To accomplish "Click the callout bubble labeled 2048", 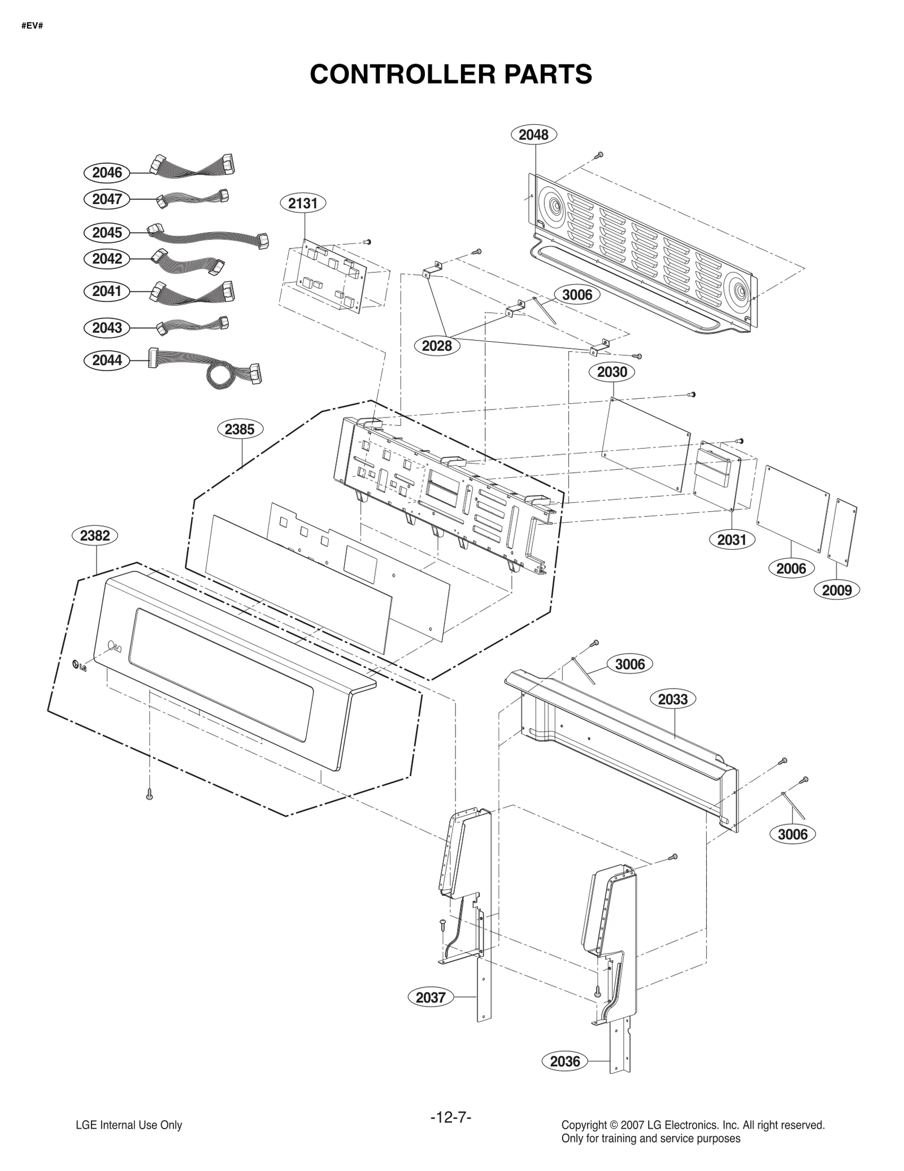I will [x=533, y=134].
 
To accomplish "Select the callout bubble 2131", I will [x=303, y=203].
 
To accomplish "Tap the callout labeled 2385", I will [x=240, y=429].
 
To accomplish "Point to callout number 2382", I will [x=95, y=536].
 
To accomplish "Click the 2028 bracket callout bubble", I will [x=437, y=346].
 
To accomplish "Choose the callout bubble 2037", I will [x=431, y=1013].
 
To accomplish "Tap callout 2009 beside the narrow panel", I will [x=836, y=590].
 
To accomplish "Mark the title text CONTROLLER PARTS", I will [x=451, y=74].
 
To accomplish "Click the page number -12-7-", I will [x=451, y=1118].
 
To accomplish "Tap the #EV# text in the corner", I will [x=32, y=26].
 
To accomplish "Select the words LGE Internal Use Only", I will [x=129, y=1125].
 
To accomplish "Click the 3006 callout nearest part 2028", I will [x=577, y=294].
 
